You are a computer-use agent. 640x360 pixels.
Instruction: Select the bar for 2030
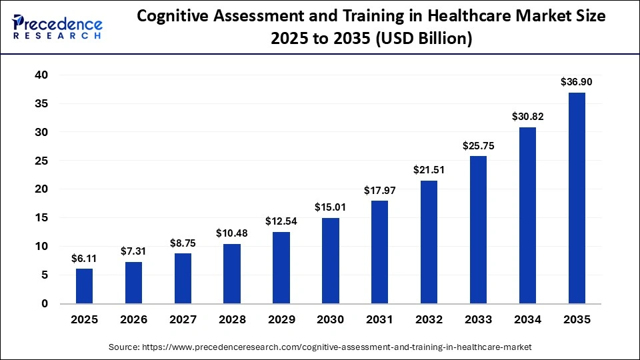pos(331,261)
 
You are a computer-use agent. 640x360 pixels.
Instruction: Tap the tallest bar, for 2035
pos(577,198)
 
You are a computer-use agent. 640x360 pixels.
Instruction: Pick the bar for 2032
pos(429,242)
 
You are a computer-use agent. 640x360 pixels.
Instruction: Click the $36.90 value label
pos(577,82)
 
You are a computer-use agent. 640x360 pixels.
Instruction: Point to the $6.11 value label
pos(84,258)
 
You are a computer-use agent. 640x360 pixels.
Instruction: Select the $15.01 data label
pos(331,207)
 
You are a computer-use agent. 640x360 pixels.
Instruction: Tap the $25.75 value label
pos(479,145)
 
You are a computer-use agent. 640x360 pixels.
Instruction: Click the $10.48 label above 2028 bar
pos(232,233)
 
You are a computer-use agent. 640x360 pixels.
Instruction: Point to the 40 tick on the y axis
pos(41,75)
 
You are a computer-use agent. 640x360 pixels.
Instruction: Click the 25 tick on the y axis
pos(41,161)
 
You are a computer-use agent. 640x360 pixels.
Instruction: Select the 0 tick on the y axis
pos(45,303)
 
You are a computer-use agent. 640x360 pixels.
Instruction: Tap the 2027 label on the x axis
pos(183,320)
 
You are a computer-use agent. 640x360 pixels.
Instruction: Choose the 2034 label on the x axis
pos(527,320)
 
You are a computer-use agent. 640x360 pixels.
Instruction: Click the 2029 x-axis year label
pos(281,320)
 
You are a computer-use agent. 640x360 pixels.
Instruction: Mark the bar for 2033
pos(479,229)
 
